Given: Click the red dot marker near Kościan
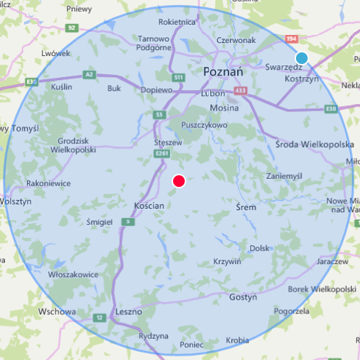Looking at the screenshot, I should tap(178, 181).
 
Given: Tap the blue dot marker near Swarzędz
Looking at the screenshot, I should tap(301, 58).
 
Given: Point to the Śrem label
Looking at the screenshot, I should tap(247, 207).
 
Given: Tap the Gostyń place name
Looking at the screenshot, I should tap(243, 297).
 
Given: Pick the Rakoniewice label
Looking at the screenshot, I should tap(48, 183).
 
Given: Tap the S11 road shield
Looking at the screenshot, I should tap(178, 77).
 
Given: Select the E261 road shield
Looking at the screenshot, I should tap(161, 153).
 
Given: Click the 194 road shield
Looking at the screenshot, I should tap(292, 38).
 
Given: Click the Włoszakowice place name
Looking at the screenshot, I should tap(73, 275).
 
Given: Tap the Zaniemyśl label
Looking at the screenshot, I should tap(284, 175).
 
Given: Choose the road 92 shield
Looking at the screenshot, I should tap(71, 28).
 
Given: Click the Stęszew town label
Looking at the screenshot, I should tap(168, 143).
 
